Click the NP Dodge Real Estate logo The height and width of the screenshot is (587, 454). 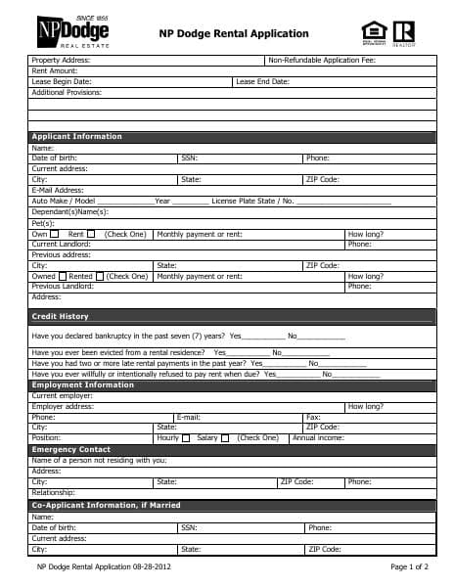(72, 33)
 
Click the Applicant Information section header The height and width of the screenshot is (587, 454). (77, 136)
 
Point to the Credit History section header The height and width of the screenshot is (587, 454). (60, 316)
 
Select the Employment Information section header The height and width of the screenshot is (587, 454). (82, 384)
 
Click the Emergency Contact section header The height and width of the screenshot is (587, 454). (71, 449)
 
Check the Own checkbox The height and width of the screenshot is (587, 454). (55, 234)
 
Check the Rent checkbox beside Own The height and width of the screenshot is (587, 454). (91, 234)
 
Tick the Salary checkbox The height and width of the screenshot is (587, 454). (225, 438)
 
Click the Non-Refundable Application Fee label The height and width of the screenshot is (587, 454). (321, 61)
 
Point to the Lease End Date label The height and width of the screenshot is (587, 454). (262, 81)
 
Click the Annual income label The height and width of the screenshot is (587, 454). (318, 438)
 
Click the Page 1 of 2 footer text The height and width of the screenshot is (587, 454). (410, 566)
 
